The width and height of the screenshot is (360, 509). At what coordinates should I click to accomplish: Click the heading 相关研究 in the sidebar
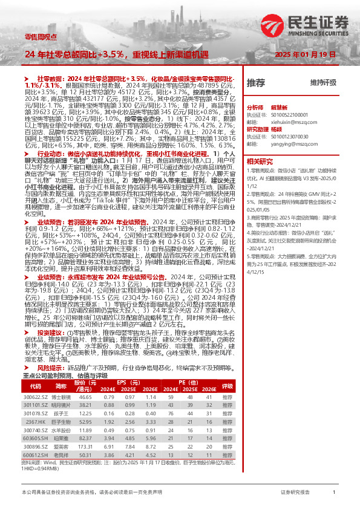[260, 162]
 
